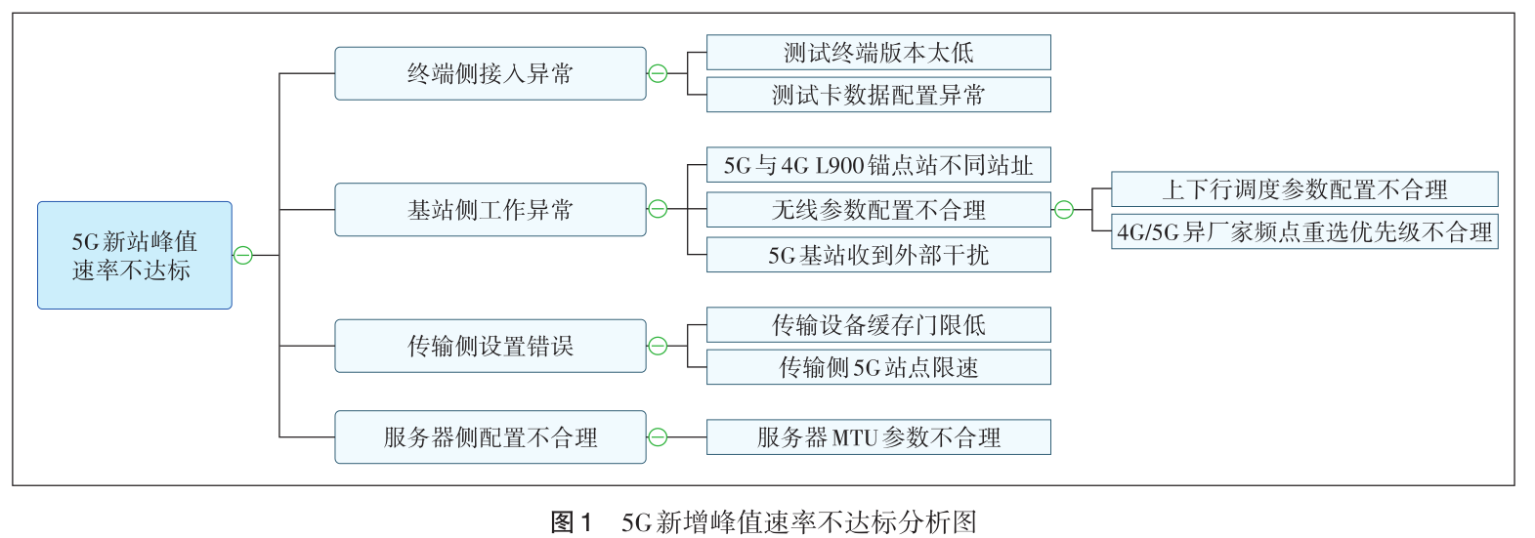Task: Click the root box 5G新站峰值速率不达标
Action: coord(135,256)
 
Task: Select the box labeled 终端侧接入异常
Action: coord(490,73)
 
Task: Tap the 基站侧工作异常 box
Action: coord(490,210)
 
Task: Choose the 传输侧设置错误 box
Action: coord(490,346)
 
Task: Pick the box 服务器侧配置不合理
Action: coord(490,437)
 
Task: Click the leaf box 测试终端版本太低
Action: coord(878,53)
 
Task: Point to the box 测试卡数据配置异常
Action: coord(878,95)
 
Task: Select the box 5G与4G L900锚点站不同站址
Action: coord(878,166)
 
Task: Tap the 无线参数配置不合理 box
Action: coord(878,210)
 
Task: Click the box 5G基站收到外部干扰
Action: coord(878,255)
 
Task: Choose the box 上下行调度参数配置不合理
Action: coord(1304,189)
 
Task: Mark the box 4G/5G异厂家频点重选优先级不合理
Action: coord(1304,232)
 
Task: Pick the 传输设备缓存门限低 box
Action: coord(878,325)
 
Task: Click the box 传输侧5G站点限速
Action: coord(878,367)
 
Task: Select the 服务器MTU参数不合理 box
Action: coord(878,437)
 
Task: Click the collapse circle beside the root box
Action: coord(243,256)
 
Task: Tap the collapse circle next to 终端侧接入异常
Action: coord(659,73)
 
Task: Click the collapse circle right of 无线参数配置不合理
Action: coord(1064,210)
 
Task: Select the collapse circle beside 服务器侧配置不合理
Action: coord(659,437)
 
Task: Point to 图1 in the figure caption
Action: coord(572,522)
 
